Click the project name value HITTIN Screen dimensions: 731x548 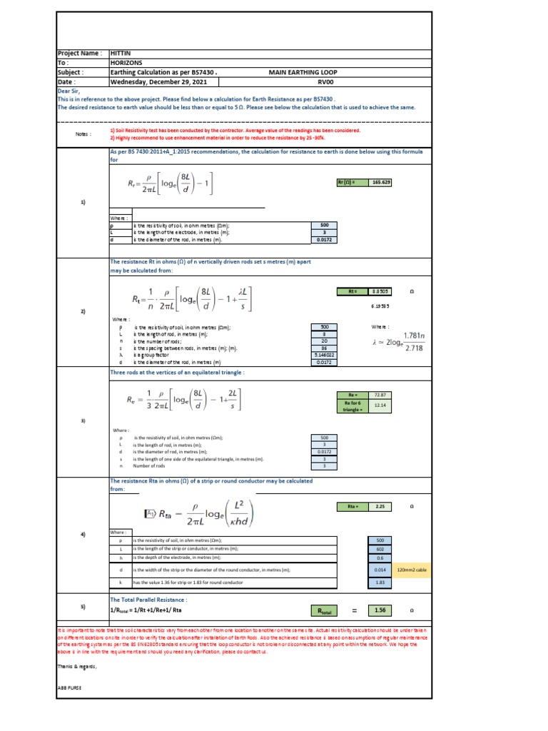click(x=121, y=54)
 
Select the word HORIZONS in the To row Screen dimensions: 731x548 click(x=127, y=63)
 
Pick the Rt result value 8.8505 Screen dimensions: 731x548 click(x=380, y=291)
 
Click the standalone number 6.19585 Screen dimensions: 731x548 click(x=381, y=306)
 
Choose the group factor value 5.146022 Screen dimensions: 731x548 click(x=324, y=355)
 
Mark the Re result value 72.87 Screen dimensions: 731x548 click(x=380, y=394)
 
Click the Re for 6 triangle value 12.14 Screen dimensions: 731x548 click(x=380, y=405)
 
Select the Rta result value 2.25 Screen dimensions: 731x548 click(x=380, y=506)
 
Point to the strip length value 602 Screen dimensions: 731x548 click(x=380, y=549)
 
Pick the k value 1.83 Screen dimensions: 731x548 click(x=380, y=583)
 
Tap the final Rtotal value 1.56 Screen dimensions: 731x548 click(x=380, y=610)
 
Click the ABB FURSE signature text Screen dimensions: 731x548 click(x=69, y=687)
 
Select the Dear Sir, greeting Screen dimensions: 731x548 click(x=69, y=91)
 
